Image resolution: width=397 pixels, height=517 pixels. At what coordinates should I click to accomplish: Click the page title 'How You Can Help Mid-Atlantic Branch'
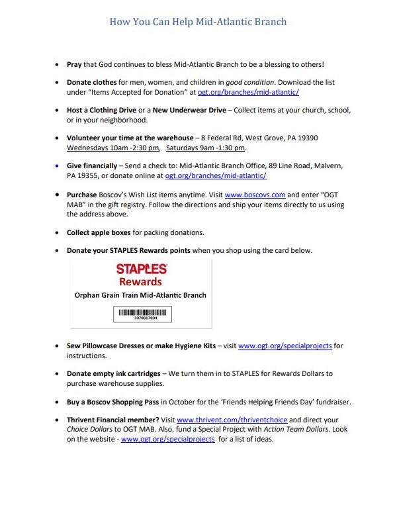(198, 22)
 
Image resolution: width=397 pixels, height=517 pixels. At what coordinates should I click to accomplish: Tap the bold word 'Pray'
(74, 64)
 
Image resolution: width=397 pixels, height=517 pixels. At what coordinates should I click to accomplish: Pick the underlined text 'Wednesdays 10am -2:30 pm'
(113, 148)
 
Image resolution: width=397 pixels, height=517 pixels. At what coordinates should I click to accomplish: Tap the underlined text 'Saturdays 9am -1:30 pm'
(205, 148)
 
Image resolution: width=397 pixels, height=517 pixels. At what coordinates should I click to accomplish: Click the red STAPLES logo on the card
(141, 269)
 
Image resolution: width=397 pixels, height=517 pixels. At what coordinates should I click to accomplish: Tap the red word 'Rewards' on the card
(141, 281)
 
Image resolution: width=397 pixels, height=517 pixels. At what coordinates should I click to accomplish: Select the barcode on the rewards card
(141, 313)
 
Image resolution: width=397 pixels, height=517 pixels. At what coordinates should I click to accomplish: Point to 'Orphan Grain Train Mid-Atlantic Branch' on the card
(141, 295)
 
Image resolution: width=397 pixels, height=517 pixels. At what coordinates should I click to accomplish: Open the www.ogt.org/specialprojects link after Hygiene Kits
(285, 346)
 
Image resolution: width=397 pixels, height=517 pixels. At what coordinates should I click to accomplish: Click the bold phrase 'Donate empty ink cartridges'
(113, 373)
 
